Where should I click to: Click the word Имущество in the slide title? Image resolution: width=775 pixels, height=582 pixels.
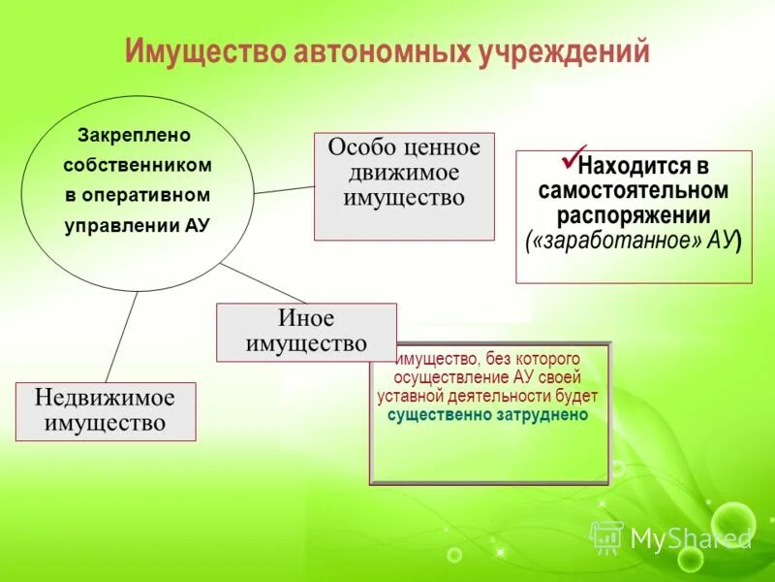[203, 51]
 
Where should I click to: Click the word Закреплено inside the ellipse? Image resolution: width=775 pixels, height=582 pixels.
[135, 135]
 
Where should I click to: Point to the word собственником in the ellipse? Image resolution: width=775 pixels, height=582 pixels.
[138, 165]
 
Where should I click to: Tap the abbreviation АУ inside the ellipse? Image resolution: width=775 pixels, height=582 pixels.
[196, 225]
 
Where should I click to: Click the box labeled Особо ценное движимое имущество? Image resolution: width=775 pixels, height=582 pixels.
[404, 186]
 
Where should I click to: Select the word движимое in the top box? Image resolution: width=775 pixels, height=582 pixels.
[404, 173]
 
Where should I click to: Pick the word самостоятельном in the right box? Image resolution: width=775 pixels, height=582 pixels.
[634, 190]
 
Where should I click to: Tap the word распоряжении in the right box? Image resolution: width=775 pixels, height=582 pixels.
[634, 214]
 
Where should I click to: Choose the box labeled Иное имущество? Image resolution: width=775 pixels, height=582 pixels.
[306, 332]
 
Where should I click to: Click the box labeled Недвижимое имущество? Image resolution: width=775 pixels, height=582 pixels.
[106, 411]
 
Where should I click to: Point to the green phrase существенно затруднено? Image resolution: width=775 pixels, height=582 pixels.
[488, 414]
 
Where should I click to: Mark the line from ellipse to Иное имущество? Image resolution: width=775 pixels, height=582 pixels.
[262, 282]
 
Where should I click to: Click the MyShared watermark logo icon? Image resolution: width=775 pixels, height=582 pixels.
[606, 535]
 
